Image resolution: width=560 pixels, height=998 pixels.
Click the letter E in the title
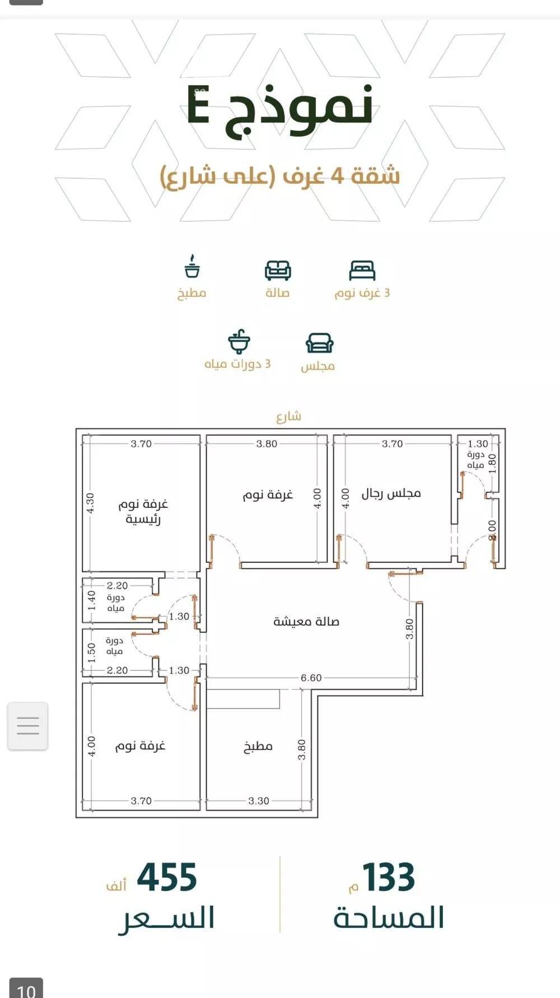click(198, 106)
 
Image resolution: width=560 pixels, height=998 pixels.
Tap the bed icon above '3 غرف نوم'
click(362, 271)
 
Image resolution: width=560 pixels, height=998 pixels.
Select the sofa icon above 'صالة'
click(278, 271)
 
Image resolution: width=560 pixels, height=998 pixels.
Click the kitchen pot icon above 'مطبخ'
click(192, 267)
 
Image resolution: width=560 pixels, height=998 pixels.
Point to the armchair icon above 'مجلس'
click(319, 343)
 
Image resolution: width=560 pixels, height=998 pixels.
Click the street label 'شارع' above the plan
click(289, 416)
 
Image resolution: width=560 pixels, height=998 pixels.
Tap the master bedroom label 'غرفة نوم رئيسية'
click(143, 511)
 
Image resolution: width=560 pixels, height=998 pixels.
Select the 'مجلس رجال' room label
click(391, 493)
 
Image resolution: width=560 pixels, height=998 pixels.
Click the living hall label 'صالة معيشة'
click(306, 621)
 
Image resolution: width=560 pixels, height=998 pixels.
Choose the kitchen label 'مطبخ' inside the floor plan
click(258, 746)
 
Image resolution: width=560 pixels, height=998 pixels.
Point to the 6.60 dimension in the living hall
click(311, 678)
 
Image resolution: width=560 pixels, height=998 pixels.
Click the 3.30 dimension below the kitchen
click(259, 801)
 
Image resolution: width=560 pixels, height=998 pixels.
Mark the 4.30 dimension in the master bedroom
click(91, 502)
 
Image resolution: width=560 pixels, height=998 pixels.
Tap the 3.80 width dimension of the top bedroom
click(267, 444)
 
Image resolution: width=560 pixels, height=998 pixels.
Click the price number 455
click(167, 877)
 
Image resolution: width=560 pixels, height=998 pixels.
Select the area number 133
click(389, 877)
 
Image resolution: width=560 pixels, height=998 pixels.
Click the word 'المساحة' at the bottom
click(389, 918)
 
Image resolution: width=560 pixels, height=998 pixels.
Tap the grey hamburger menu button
click(27, 726)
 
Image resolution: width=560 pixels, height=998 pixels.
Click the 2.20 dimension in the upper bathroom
click(118, 586)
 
